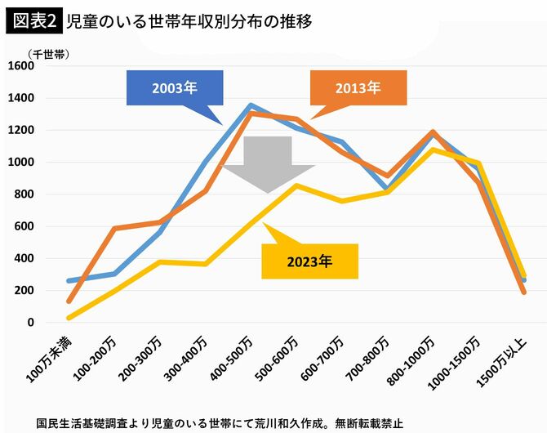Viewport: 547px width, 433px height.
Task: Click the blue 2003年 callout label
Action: [174, 88]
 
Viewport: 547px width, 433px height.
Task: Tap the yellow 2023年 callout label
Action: [309, 261]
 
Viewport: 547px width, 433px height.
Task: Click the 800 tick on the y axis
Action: [24, 194]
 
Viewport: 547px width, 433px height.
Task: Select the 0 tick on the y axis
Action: [31, 323]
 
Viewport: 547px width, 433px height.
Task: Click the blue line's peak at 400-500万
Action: [251, 105]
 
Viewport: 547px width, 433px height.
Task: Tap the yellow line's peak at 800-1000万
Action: [433, 150]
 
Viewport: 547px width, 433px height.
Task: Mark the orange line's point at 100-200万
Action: [114, 229]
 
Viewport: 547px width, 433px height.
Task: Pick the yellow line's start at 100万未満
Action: [69, 318]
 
